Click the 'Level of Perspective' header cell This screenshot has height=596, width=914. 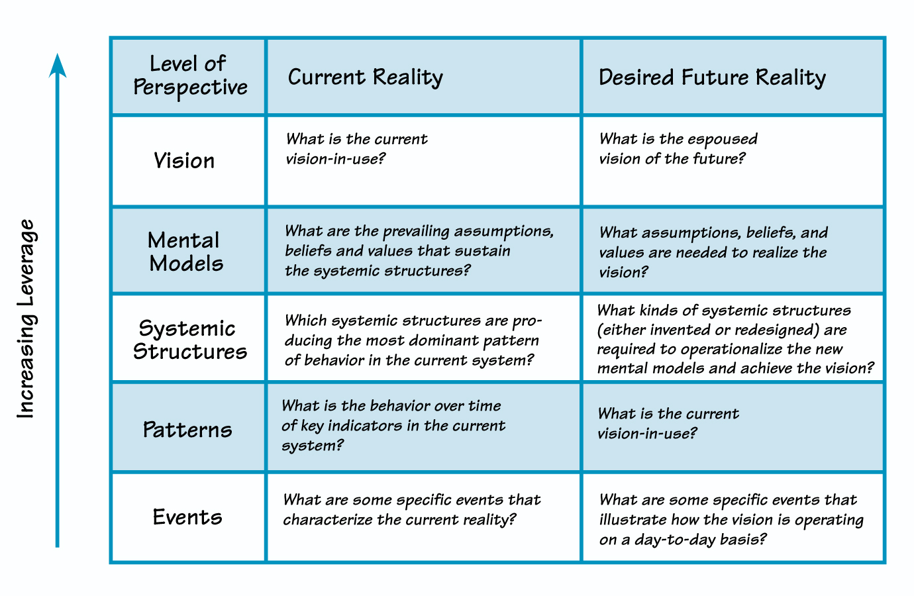[x=189, y=76]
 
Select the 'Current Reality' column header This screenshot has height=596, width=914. [x=365, y=77]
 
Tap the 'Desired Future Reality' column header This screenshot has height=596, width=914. [x=712, y=77]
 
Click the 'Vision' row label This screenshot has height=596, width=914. [x=184, y=161]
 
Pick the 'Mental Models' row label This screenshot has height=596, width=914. [x=185, y=252]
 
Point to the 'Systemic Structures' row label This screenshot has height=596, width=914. [x=189, y=340]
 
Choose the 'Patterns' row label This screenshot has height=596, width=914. [x=187, y=430]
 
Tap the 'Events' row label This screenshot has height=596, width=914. [x=187, y=517]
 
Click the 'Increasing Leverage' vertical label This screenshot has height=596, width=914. [x=26, y=319]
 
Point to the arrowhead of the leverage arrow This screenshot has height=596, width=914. [x=58, y=65]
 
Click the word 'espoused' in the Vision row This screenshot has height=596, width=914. [x=722, y=139]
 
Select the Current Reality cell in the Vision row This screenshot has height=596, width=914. [x=423, y=161]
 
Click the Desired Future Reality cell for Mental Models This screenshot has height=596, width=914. [x=733, y=252]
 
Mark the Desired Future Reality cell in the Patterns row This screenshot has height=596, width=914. [x=733, y=427]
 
